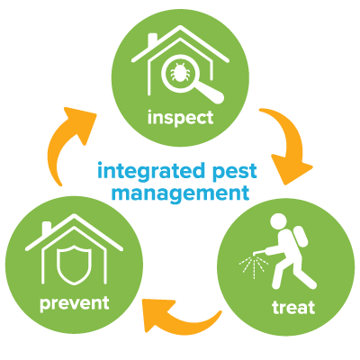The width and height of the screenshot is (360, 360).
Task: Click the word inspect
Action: (x=181, y=118)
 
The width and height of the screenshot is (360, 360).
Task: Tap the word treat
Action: (x=293, y=307)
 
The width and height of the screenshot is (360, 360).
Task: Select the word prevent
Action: (x=75, y=303)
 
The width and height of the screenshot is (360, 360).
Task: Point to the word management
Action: (x=180, y=193)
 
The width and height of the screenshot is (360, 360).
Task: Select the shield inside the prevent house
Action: (x=74, y=264)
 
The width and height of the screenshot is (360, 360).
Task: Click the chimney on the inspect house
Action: (x=152, y=40)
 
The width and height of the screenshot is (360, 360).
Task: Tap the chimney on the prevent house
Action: (x=47, y=228)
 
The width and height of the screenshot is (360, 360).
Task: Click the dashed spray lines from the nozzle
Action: (x=251, y=266)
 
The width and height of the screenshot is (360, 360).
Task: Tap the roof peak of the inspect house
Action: (x=180, y=27)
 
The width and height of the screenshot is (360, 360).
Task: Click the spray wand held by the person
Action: (x=265, y=250)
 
